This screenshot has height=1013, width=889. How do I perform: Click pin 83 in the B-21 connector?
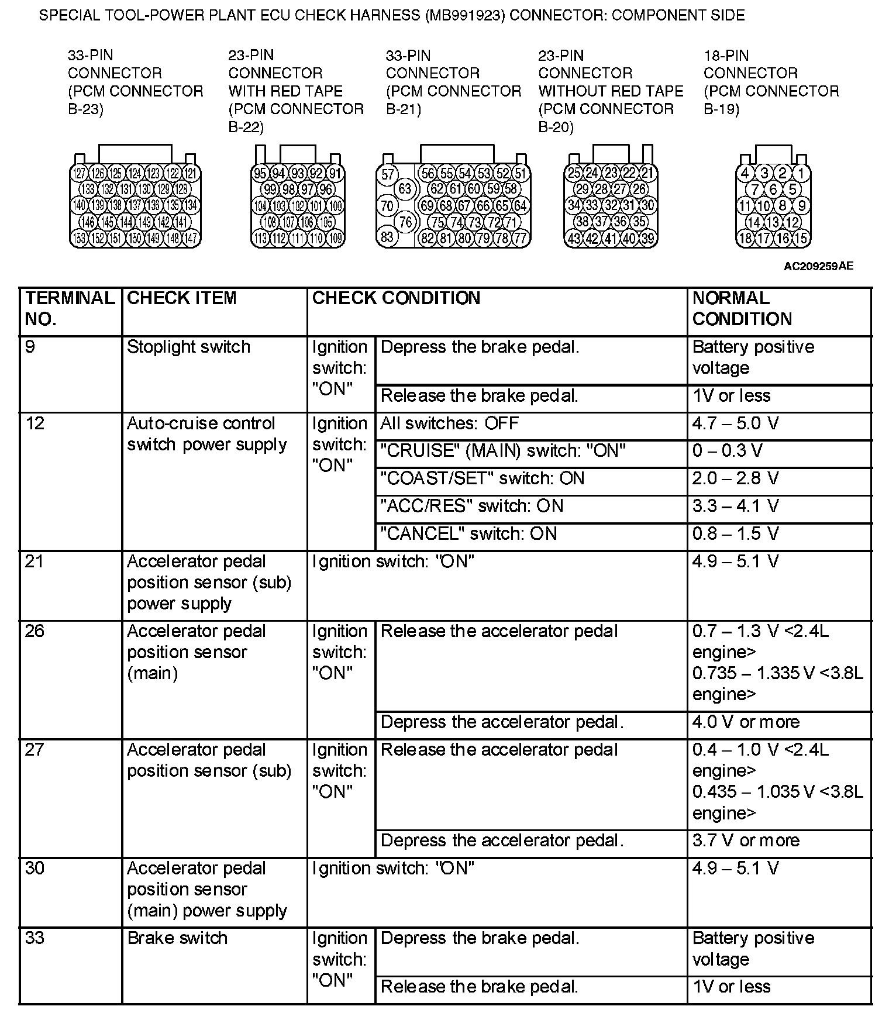[387, 237]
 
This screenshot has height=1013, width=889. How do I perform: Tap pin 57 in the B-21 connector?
[388, 174]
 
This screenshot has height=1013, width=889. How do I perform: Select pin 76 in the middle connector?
[405, 222]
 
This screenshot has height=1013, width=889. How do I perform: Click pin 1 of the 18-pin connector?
[801, 173]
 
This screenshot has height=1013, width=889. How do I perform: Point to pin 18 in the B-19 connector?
[745, 238]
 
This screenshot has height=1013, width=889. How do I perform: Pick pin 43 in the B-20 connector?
[574, 238]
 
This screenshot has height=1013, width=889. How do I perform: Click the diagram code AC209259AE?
[818, 267]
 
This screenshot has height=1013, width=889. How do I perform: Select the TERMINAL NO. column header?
[70, 309]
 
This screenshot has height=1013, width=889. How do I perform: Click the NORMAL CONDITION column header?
[742, 309]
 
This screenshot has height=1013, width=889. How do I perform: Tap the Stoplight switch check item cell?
[188, 347]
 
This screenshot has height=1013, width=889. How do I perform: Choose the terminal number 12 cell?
[35, 423]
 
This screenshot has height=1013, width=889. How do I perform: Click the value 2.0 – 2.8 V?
[735, 478]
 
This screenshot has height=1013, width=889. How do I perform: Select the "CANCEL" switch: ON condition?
[468, 533]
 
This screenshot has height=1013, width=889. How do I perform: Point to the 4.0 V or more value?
[745, 722]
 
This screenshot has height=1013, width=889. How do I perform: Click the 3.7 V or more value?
[745, 840]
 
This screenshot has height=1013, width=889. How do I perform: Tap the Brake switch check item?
[177, 938]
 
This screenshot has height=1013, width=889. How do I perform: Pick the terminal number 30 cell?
[35, 868]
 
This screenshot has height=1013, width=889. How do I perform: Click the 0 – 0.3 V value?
[727, 451]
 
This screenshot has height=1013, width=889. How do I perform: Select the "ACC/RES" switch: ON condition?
[471, 506]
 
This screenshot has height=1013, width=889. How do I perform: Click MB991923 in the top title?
[466, 15]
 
